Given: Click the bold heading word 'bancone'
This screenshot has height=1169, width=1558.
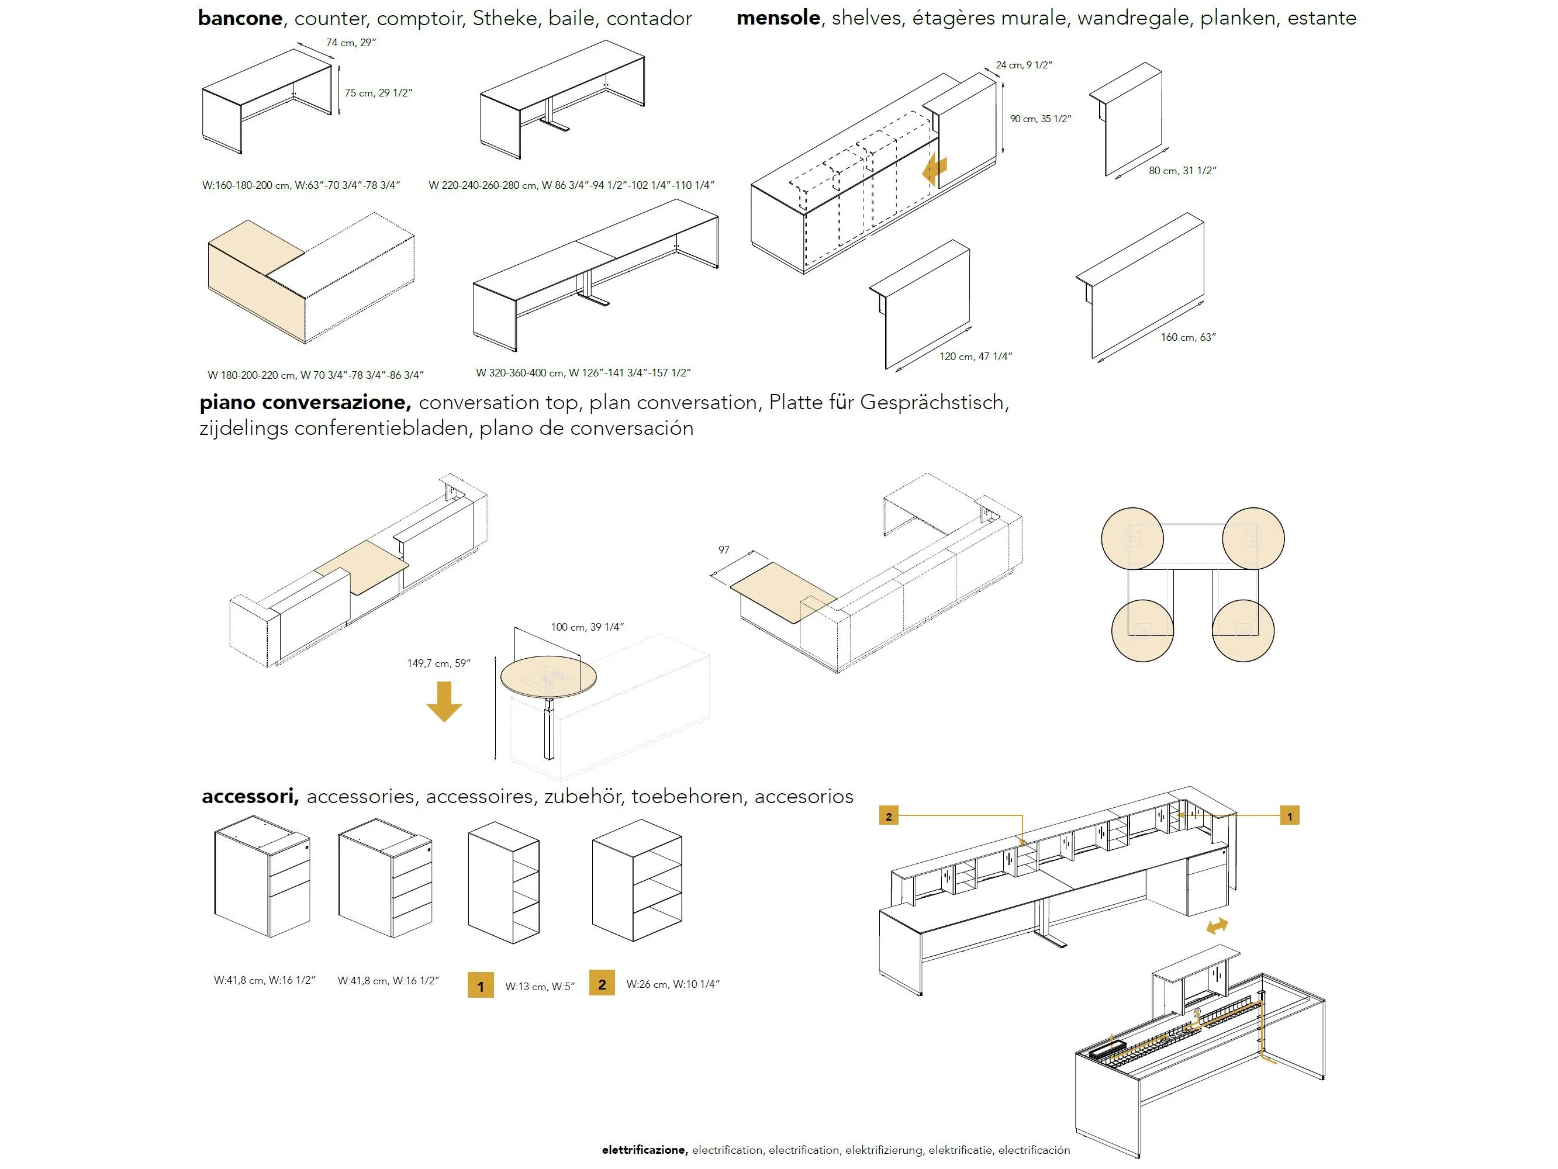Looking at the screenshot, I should [240, 18].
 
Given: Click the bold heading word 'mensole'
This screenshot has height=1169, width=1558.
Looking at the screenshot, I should [778, 18].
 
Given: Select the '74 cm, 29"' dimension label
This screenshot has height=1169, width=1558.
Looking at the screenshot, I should [351, 43].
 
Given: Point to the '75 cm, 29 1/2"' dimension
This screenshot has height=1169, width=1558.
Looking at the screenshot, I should [378, 93].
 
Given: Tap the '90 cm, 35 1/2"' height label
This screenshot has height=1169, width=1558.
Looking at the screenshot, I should [1040, 119].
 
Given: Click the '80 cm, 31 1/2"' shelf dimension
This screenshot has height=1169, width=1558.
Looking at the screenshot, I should [1183, 171].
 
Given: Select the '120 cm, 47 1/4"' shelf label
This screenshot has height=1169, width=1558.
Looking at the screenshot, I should [976, 357].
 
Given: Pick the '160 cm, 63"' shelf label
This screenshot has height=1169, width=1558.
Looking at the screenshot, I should [1188, 337].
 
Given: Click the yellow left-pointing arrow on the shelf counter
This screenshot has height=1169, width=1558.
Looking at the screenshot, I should [935, 170].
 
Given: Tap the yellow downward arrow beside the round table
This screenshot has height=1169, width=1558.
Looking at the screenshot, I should [444, 701].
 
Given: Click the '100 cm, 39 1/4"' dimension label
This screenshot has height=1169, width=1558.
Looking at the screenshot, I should [587, 627].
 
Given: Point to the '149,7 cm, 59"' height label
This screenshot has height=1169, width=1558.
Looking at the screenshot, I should [438, 663].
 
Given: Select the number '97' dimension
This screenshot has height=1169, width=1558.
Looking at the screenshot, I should [723, 550].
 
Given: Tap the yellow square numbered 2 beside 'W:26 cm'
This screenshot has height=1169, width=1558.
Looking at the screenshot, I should [602, 984].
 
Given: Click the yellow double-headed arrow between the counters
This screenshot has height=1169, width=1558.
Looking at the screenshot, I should [1217, 926].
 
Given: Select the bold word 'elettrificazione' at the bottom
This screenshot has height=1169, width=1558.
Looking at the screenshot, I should [643, 1150].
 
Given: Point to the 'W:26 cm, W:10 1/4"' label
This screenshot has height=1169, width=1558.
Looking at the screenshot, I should [673, 984].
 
